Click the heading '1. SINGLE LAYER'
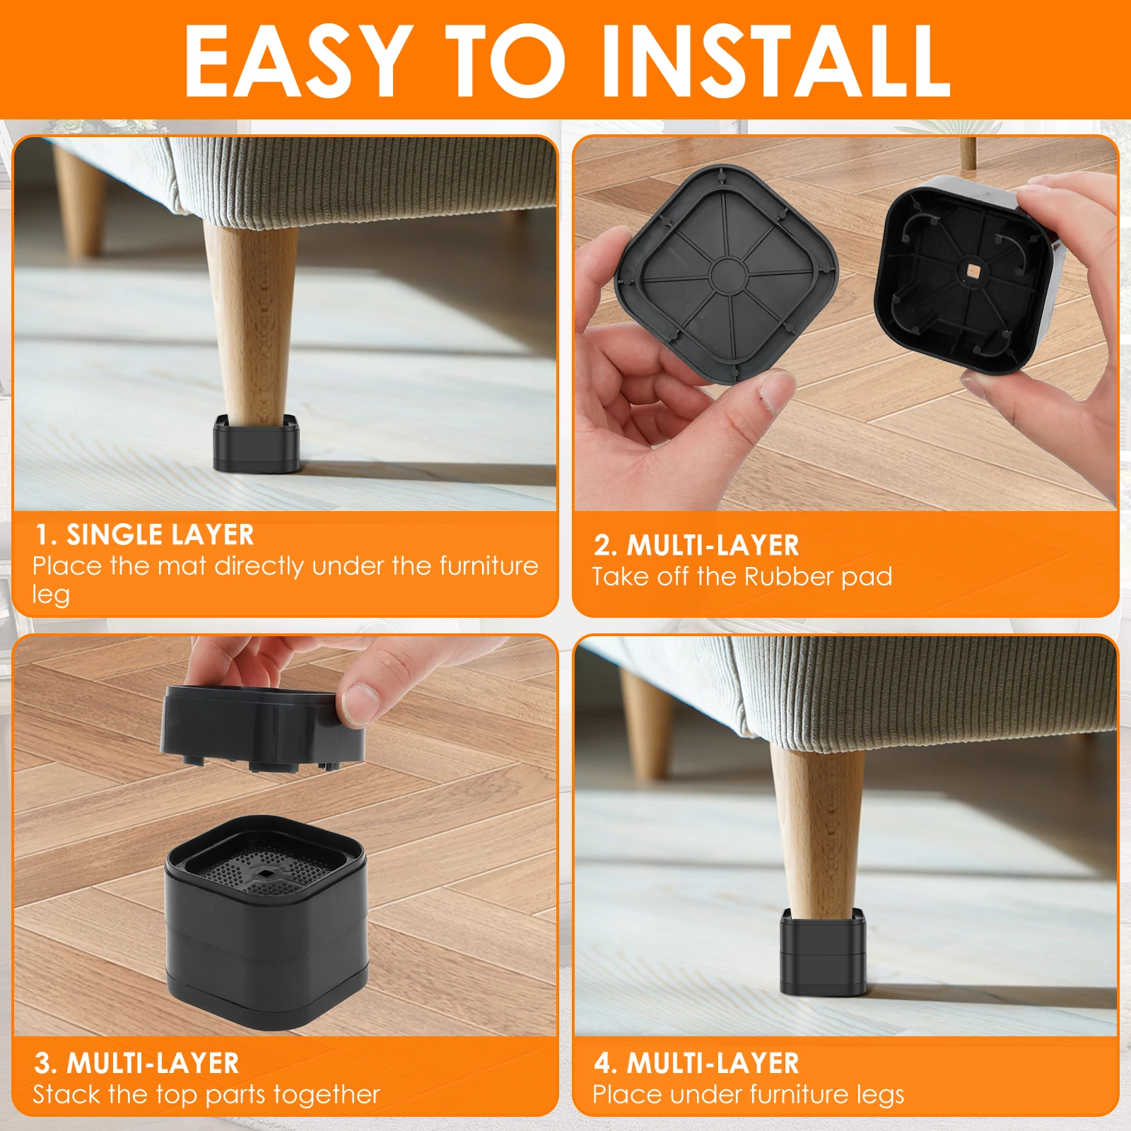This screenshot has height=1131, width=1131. point(145,535)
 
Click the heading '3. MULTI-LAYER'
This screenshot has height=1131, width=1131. point(136,1063)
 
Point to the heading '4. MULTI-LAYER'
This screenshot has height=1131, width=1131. point(696,1063)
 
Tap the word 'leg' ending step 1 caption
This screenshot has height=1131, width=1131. point(51,594)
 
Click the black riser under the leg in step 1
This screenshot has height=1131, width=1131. point(256,445)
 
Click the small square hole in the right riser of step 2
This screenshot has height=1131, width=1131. point(974,271)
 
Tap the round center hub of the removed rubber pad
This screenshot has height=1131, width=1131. point(727,274)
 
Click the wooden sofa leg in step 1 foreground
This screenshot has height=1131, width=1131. point(251,318)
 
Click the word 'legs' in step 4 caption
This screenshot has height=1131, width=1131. point(881,1095)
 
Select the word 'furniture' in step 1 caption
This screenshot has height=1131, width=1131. point(488,566)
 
